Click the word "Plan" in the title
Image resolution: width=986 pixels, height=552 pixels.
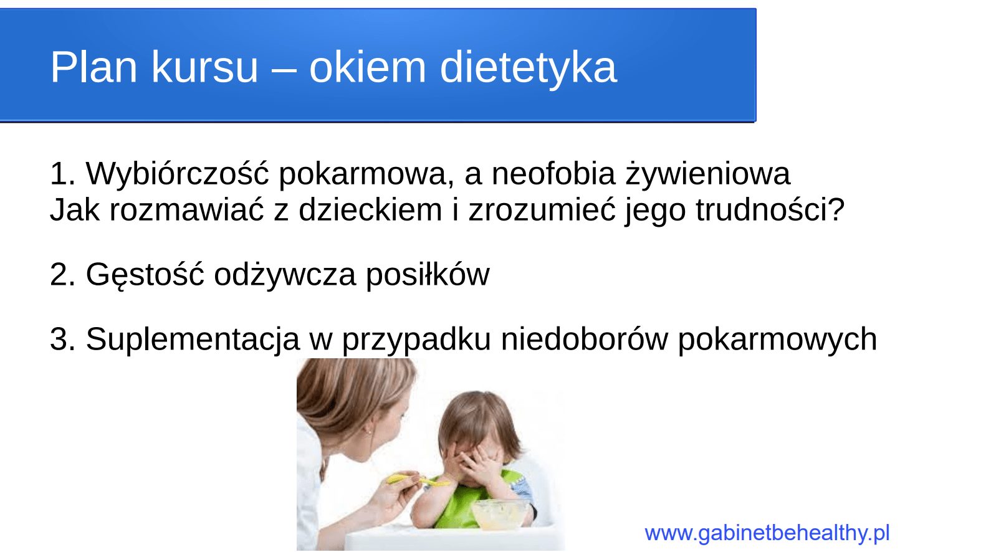(x=93, y=67)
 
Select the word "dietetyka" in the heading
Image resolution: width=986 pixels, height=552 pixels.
(x=528, y=67)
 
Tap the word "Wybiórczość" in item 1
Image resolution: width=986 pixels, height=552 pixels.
(x=177, y=173)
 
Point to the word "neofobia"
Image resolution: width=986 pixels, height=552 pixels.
(x=553, y=173)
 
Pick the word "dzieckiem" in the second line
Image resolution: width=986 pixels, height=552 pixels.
(x=370, y=209)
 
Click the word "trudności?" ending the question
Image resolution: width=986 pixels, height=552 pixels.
(x=770, y=209)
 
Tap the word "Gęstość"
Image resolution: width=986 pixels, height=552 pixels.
(x=145, y=275)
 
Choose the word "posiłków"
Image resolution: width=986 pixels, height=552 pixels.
(x=427, y=275)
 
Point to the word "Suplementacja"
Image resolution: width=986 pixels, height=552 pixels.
(x=193, y=340)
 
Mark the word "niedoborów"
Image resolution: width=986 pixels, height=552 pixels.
(x=584, y=340)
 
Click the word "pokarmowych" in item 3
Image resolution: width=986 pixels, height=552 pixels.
(x=777, y=340)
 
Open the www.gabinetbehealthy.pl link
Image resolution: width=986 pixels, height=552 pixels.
(x=767, y=533)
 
